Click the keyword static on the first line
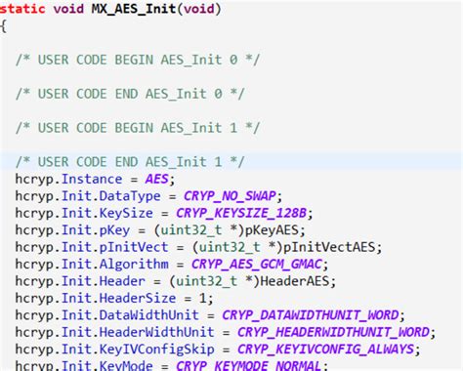click(x=26, y=9)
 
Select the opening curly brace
click(x=4, y=26)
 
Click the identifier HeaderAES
click(x=298, y=281)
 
